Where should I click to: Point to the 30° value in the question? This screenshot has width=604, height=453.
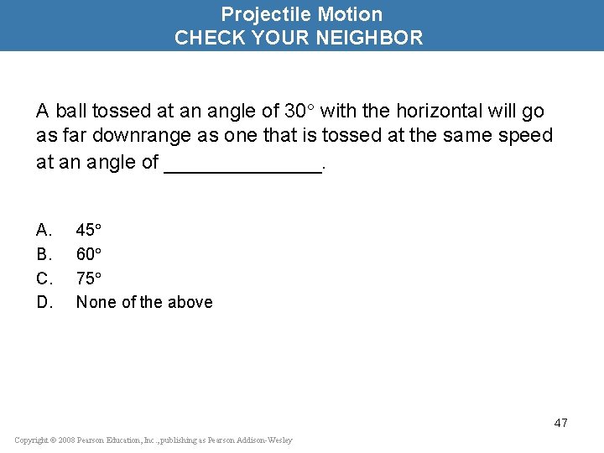pos(300,111)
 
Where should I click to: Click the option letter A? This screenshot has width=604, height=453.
pos(44,230)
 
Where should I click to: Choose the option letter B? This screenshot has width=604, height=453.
pos(44,253)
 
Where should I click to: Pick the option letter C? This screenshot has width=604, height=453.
pos(44,278)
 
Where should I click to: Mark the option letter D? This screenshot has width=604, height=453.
pos(44,302)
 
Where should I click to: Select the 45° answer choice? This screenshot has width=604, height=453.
pos(89,230)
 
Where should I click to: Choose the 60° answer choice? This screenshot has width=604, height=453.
pos(89,253)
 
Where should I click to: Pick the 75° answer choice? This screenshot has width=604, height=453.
pos(89,278)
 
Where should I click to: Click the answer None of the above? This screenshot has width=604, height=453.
pos(144,302)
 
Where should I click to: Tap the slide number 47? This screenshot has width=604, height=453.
pos(560,423)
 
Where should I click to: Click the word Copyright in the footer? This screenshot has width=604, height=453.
pos(32,440)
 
